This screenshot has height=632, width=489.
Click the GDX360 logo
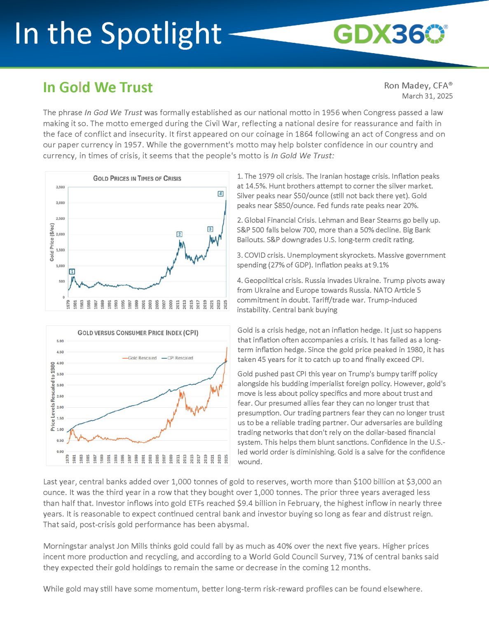[390, 34]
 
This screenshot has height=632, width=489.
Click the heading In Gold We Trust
[98, 88]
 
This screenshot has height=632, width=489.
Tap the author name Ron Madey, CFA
[418, 86]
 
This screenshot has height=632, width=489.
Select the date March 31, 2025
[427, 96]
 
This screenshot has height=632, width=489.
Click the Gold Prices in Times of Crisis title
[137, 179]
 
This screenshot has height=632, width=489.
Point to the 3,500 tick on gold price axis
[60, 187]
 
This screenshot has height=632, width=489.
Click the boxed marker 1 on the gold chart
[72, 272]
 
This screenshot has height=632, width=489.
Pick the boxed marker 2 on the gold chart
[179, 234]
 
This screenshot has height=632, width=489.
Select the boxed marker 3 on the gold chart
[210, 229]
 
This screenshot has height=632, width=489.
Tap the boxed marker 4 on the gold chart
[220, 194]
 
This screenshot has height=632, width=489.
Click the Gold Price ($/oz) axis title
[52, 242]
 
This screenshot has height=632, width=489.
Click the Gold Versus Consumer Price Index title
[138, 333]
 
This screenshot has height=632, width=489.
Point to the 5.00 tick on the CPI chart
[60, 341]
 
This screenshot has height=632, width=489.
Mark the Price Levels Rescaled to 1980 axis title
[53, 397]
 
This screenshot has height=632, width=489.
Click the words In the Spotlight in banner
[118, 34]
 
